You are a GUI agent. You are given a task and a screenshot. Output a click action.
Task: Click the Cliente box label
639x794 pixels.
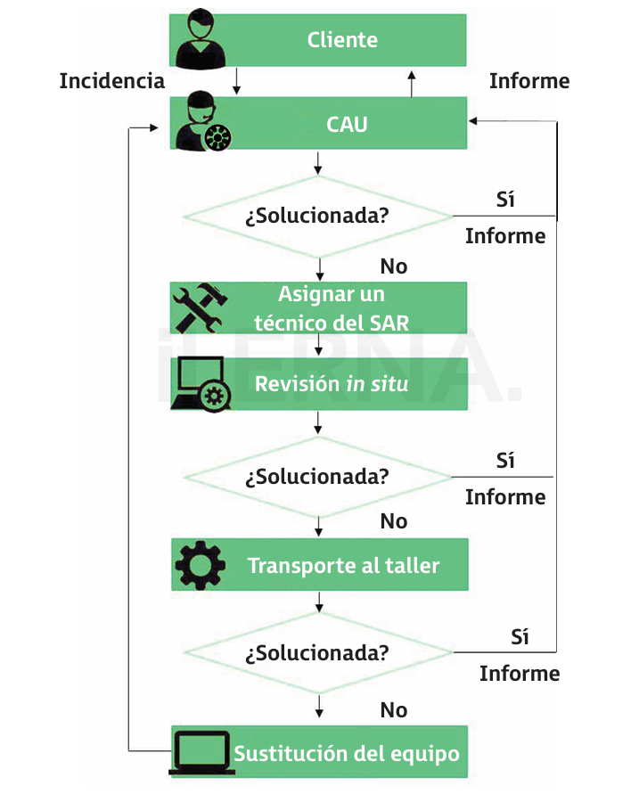pos(342,40)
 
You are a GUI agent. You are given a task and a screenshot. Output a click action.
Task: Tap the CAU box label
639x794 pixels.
pos(347,124)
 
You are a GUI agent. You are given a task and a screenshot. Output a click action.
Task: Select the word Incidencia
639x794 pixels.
pos(112,81)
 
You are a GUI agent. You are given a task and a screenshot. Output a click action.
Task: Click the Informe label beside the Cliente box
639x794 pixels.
pos(529,81)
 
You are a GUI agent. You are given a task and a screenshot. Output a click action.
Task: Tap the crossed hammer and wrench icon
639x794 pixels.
pos(201,307)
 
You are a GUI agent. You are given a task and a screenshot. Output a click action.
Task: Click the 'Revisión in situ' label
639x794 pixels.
pos(332,384)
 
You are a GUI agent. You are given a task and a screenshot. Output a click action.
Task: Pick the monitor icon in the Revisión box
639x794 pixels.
pos(201,384)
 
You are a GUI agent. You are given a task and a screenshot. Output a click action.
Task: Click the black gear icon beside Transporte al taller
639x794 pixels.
pos(201,565)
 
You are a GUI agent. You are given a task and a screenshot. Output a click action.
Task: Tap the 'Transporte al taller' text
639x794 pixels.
pos(343,566)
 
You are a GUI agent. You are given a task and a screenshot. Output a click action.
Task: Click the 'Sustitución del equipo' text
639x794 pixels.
pos(347,753)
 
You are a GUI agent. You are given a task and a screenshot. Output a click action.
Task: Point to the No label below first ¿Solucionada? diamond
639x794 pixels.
pos(393,266)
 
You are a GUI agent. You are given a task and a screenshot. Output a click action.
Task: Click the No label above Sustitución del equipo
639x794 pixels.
pos(393,710)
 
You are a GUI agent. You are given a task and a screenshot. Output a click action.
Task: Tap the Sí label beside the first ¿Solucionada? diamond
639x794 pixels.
pos(505,199)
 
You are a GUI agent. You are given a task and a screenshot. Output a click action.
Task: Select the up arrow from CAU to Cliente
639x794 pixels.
pos(412,82)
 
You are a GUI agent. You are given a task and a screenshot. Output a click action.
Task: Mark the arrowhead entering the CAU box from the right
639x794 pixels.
pos(475,120)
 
